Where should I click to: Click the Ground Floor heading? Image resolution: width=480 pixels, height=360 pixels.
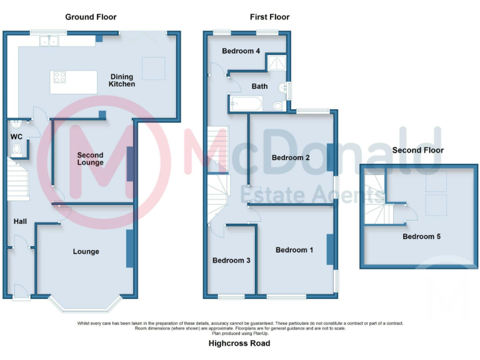pyautogui.click(x=91, y=17)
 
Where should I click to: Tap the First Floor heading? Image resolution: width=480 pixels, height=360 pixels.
pyautogui.click(x=269, y=17)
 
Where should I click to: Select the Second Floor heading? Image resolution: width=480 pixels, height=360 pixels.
pyautogui.click(x=417, y=150)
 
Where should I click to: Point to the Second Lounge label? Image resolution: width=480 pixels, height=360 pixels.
pyautogui.click(x=90, y=159)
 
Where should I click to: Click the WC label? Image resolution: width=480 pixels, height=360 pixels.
pyautogui.click(x=16, y=136)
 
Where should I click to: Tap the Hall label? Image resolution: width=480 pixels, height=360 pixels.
pyautogui.click(x=21, y=221)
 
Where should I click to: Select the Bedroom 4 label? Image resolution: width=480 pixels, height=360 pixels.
pyautogui.click(x=241, y=51)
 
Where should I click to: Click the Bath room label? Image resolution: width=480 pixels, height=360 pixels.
pyautogui.click(x=259, y=86)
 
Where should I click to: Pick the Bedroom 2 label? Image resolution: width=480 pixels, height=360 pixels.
pyautogui.click(x=291, y=157)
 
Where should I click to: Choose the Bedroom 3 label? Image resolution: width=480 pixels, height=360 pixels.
pyautogui.click(x=231, y=260)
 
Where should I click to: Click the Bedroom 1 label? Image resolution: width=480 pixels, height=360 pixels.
pyautogui.click(x=294, y=250)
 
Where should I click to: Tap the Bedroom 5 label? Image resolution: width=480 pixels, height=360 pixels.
pyautogui.click(x=417, y=236)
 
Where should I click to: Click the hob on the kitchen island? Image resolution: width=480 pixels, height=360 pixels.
pyautogui.click(x=61, y=77)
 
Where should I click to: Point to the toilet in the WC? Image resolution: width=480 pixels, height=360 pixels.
pyautogui.click(x=17, y=149)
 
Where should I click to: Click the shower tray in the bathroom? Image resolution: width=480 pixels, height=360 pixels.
pyautogui.click(x=276, y=62)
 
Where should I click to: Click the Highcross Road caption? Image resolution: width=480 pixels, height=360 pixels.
pyautogui.click(x=239, y=343)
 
